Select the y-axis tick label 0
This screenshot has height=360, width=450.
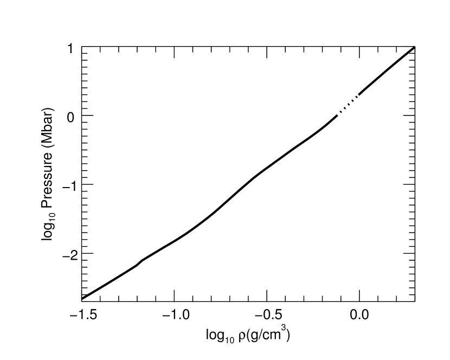(70, 116)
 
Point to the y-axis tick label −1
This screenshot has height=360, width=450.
(67, 185)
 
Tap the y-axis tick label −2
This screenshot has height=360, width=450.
(67, 254)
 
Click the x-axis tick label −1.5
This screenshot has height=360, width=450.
(82, 315)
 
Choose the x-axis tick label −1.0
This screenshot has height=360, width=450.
(174, 315)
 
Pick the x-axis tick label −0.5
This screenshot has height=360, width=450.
(267, 315)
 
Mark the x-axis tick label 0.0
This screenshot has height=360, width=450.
(359, 315)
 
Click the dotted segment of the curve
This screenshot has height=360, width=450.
(348, 106)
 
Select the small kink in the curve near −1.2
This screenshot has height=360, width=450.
(140, 262)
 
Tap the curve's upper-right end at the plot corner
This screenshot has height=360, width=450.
(414, 48)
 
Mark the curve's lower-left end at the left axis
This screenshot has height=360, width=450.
(82, 299)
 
